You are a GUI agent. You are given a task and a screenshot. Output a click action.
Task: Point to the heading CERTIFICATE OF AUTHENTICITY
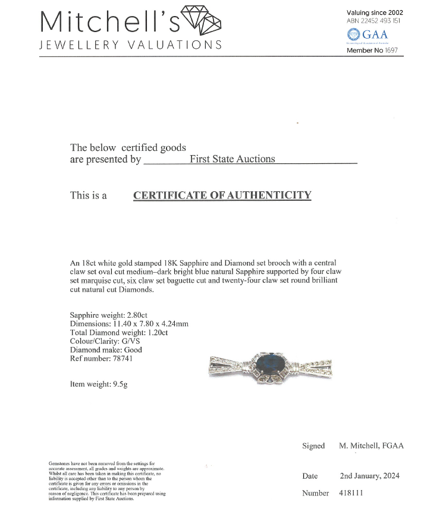coord(222,195)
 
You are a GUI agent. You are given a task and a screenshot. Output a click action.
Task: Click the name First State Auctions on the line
coord(233,159)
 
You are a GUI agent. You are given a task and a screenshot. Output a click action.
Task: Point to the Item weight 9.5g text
coord(99,384)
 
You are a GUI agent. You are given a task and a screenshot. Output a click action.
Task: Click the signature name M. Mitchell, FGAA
coord(371,446)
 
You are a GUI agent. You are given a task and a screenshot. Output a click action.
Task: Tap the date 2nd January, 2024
coord(369,476)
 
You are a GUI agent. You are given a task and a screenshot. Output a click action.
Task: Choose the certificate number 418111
coord(351,493)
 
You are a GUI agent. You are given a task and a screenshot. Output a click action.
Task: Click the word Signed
coord(313,446)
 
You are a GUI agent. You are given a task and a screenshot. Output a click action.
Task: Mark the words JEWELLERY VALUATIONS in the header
coord(131,45)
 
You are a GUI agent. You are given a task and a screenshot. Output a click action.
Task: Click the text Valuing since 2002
coord(375,12)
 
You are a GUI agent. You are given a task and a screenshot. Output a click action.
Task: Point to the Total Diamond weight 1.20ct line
coord(119,332)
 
